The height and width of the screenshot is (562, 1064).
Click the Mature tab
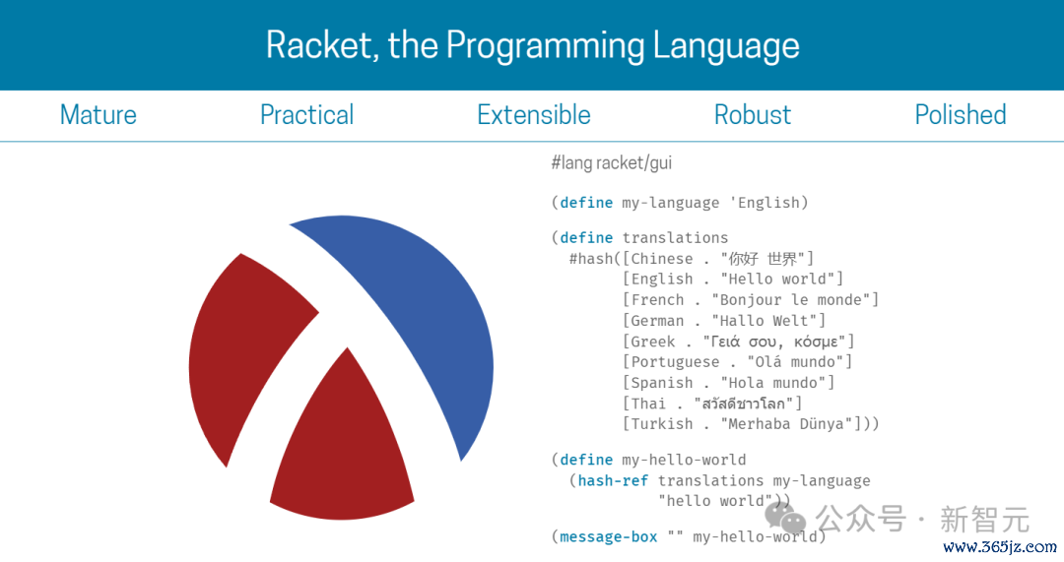99,114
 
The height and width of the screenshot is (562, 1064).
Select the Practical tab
306,115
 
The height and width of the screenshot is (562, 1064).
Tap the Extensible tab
534,114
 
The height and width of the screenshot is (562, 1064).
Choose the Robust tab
753,114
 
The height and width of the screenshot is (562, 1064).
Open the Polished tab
961,114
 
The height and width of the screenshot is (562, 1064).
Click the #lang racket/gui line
612,162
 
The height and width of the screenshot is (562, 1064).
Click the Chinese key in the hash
662,258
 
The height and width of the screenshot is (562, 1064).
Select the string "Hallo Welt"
768,321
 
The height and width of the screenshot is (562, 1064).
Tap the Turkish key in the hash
662,424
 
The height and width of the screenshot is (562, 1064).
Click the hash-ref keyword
613,480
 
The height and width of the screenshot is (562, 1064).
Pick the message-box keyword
608,537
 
